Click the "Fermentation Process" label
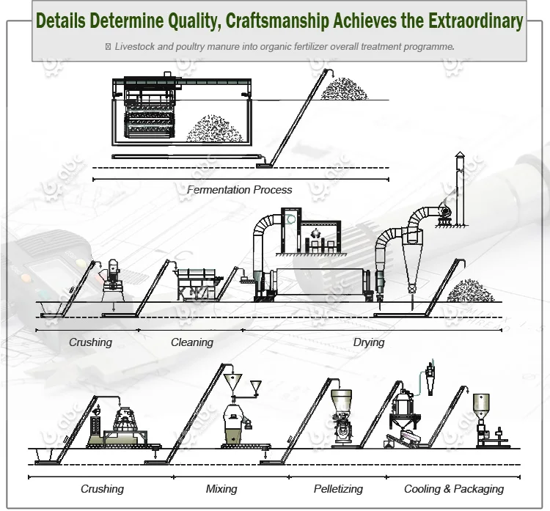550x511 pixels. [x=239, y=190]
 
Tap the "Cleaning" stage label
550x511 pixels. [x=192, y=342]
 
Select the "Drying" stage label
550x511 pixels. [x=368, y=342]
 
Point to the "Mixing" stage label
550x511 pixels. [x=221, y=489]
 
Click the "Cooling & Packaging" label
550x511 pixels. [x=454, y=489]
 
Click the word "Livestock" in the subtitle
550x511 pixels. [x=137, y=46]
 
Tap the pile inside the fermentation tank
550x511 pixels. [x=213, y=129]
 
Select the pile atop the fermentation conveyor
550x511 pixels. [x=344, y=89]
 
